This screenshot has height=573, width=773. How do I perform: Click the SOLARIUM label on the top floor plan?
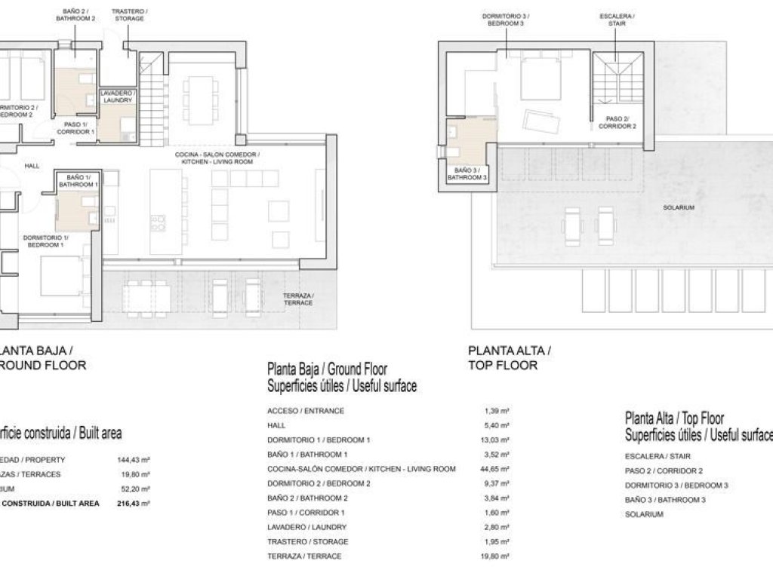click(680, 207)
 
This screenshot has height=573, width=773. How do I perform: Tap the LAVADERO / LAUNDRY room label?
click(116, 97)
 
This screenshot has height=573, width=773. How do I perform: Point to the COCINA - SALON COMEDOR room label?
click(217, 158)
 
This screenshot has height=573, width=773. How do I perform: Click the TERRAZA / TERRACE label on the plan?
click(297, 299)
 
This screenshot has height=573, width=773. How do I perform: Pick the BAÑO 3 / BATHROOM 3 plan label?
click(467, 174)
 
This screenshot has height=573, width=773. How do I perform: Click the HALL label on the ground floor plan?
click(32, 166)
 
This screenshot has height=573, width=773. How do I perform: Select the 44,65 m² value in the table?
click(496, 469)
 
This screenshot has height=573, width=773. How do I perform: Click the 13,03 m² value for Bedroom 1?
click(496, 440)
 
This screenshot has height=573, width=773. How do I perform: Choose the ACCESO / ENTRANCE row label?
click(306, 411)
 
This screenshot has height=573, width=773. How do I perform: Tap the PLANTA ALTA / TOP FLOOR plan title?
click(510, 357)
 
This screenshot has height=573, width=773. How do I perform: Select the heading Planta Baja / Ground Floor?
click(327, 369)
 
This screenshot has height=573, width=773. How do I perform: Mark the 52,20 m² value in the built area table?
click(136, 489)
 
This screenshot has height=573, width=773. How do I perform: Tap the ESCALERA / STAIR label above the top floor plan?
click(617, 19)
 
